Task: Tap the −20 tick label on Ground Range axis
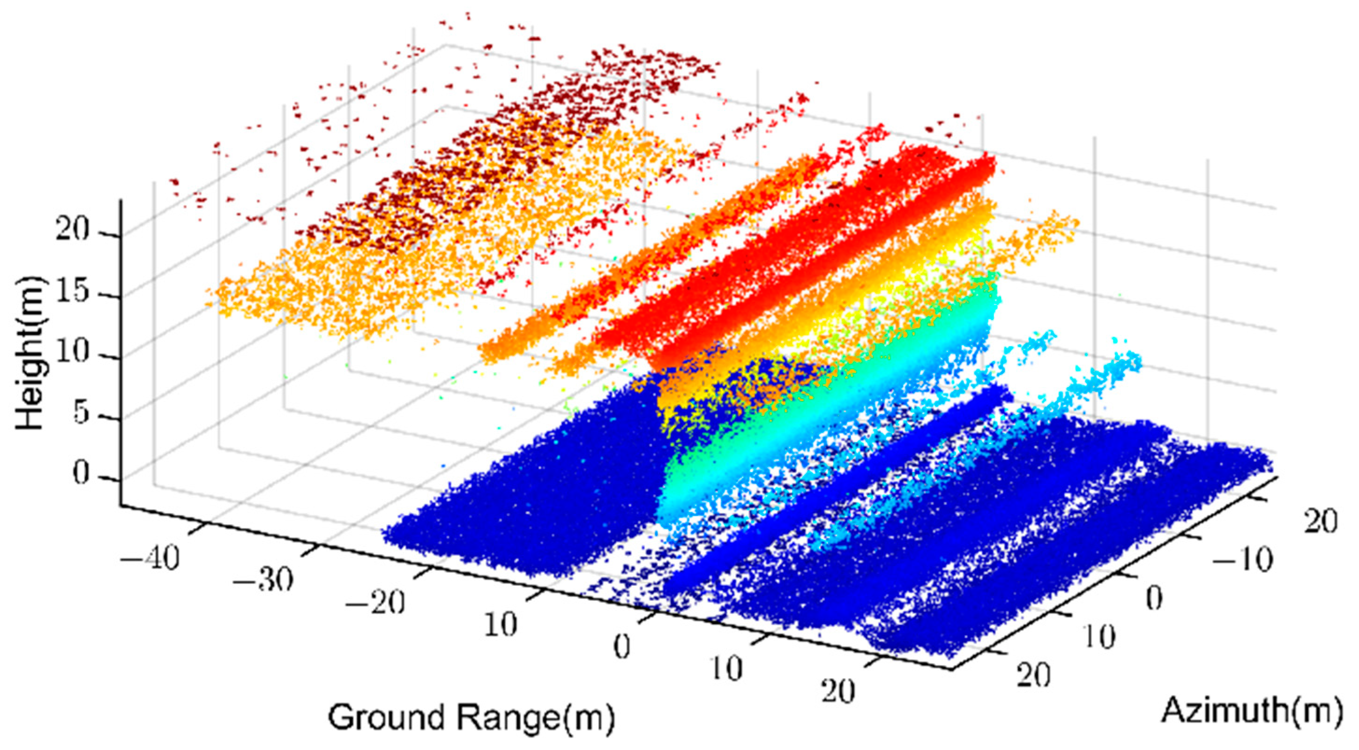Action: [x=375, y=601]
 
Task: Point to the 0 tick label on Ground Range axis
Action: [x=622, y=648]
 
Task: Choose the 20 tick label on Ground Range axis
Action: [x=838, y=691]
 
